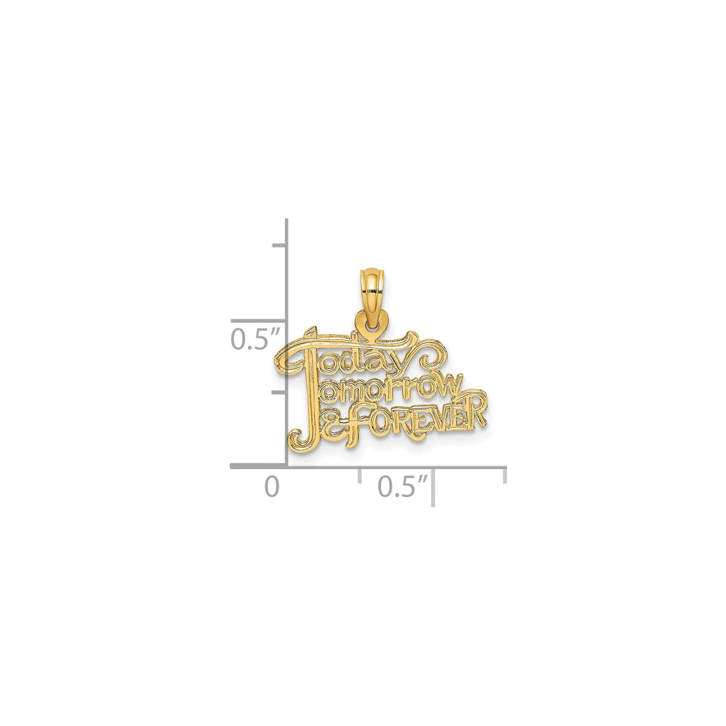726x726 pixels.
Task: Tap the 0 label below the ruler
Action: click(272, 487)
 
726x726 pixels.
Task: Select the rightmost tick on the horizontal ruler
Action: click(505, 475)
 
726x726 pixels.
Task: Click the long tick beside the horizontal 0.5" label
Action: click(433, 487)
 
